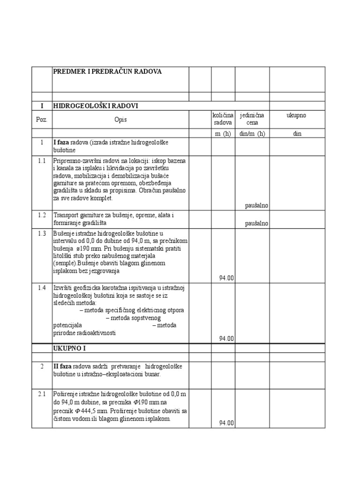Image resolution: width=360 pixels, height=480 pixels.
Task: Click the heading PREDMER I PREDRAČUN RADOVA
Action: tap(107, 71)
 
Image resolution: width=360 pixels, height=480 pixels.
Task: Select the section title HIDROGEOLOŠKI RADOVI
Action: tap(96, 106)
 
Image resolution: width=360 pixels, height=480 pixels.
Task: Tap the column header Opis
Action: tap(120, 120)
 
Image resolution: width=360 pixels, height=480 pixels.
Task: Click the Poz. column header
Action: tap(42, 120)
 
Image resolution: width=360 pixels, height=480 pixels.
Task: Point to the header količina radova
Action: tap(223, 119)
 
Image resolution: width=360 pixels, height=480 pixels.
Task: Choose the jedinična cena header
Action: tap(252, 119)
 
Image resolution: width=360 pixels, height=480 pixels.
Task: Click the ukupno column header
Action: tap(296, 115)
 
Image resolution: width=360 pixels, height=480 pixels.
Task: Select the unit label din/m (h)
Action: tap(252, 134)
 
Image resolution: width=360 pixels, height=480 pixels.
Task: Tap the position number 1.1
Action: tap(42, 161)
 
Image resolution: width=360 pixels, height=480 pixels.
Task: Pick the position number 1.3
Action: tap(42, 233)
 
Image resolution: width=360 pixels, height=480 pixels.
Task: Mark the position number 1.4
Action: tap(42, 287)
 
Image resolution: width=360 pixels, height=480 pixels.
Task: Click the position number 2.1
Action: tap(42, 394)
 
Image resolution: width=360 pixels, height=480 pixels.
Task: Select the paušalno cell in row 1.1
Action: tap(256, 205)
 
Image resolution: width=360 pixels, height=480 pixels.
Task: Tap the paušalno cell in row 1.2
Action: tap(256, 224)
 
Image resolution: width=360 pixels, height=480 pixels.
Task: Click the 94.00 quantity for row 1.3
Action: tap(226, 278)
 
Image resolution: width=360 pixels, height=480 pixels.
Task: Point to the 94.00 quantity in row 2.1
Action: tap(226, 423)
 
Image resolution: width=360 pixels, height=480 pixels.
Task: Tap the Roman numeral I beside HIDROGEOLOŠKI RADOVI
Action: tap(42, 106)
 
